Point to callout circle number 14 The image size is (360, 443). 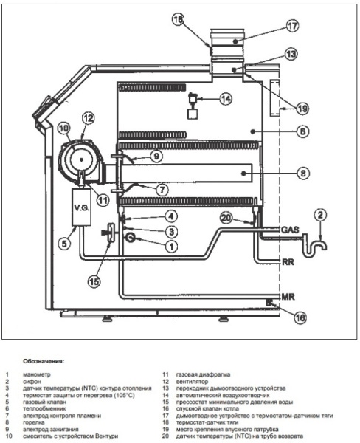(x=226, y=99)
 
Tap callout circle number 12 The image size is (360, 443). (x=88, y=118)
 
